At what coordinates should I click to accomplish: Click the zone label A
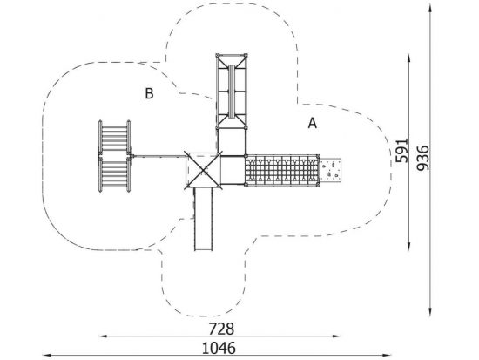click(312, 123)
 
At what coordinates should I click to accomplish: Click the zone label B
click(149, 93)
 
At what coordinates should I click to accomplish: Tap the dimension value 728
click(221, 329)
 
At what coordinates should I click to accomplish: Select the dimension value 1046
click(219, 348)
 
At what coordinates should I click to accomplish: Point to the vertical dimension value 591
click(401, 150)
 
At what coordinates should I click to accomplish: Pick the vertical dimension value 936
click(422, 158)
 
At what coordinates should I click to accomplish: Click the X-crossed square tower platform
click(203, 170)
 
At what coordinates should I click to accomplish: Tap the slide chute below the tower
click(203, 220)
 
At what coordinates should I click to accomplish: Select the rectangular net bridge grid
click(281, 170)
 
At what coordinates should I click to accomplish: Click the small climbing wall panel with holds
click(330, 170)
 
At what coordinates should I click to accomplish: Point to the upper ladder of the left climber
click(114, 137)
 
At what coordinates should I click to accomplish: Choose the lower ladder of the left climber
click(114, 174)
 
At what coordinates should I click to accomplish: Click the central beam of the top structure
click(232, 92)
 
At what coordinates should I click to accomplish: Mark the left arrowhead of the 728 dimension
click(102, 336)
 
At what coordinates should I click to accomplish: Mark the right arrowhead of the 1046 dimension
click(388, 355)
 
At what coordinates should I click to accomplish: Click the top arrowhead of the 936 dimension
click(430, 7)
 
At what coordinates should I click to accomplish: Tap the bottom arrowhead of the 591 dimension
click(408, 246)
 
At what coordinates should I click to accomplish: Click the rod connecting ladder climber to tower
click(159, 156)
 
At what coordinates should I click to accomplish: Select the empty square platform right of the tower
click(233, 170)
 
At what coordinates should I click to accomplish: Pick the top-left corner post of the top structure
click(218, 56)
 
